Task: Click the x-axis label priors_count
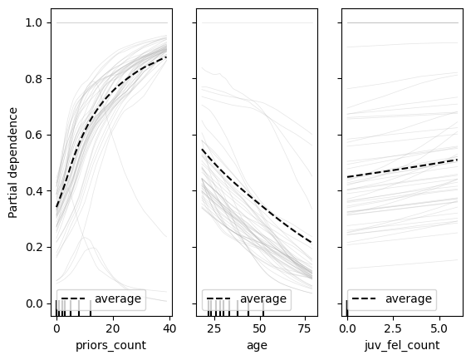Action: (110, 344)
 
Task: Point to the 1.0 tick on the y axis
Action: (35, 22)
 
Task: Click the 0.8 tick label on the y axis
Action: (35, 79)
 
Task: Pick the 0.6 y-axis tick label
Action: (35, 135)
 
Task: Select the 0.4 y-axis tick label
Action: (35, 191)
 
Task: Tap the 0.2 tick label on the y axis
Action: (35, 247)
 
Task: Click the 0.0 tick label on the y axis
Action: (35, 303)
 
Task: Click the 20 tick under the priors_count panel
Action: (112, 328)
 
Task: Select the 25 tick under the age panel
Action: (213, 328)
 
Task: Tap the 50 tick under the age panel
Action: (262, 328)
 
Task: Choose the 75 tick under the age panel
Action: (309, 328)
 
